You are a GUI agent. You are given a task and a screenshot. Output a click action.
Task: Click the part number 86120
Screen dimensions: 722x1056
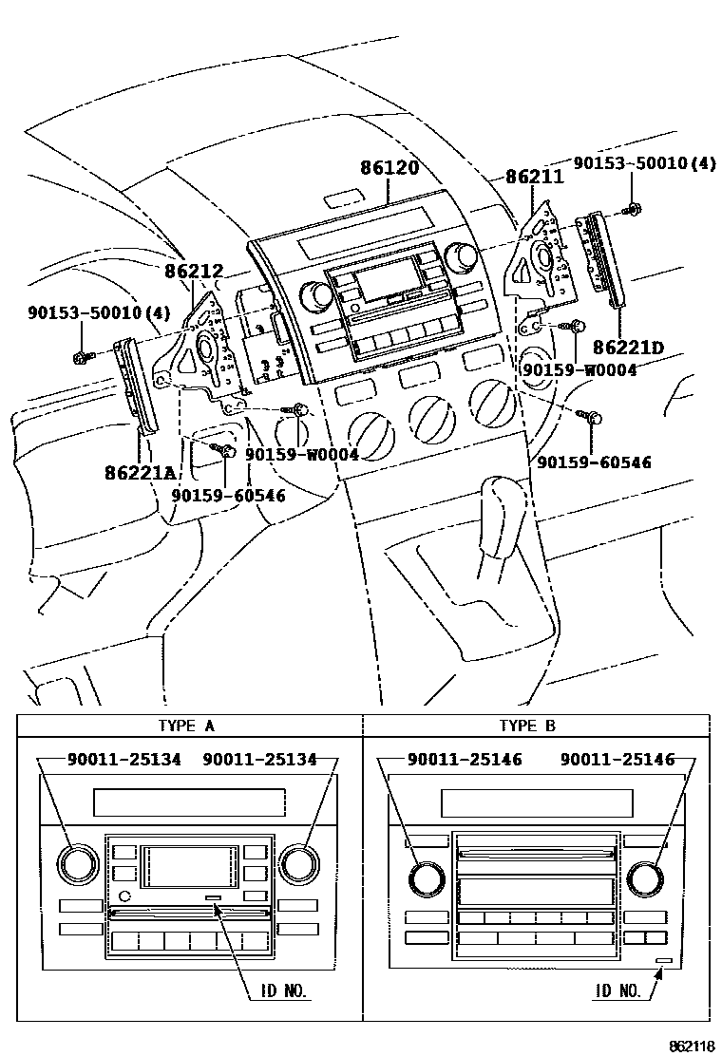coord(389,167)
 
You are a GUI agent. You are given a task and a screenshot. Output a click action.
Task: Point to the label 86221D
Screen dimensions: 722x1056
coord(628,348)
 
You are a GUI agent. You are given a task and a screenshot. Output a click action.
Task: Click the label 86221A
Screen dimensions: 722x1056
coord(140,472)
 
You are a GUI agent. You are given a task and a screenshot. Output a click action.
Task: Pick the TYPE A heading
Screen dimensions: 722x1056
coord(186,726)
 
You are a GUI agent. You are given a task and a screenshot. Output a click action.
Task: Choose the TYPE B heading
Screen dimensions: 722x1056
coord(527,726)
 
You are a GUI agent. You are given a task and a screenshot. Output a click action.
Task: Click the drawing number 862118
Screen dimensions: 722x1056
coord(692,1046)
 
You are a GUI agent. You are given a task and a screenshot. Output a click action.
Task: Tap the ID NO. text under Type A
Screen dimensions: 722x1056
coord(283,990)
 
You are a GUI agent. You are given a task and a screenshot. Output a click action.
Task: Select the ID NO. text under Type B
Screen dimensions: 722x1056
coord(617,990)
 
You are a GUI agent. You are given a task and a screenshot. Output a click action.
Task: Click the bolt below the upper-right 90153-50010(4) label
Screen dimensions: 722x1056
coord(632,210)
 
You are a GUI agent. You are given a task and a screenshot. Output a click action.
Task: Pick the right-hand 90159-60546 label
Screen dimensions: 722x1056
coord(594,462)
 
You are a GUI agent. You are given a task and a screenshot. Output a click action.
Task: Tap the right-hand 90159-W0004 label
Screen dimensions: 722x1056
coord(579,369)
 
